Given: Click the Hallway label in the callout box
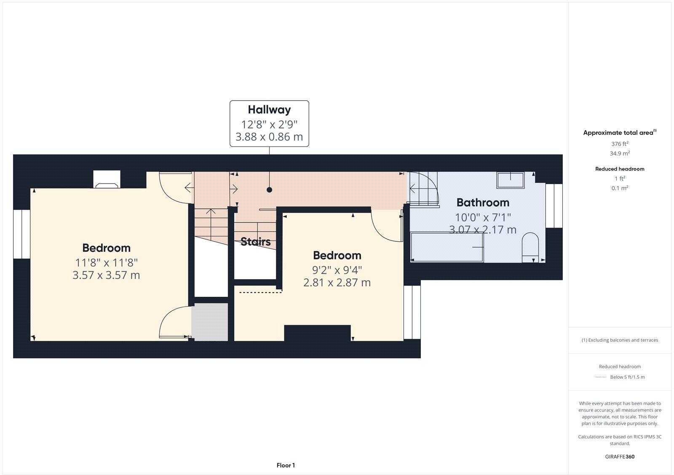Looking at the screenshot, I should tap(269, 110).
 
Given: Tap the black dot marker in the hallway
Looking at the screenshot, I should tap(269, 190).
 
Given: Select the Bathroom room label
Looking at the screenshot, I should tap(483, 203).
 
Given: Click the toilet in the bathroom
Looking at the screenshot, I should tap(530, 248).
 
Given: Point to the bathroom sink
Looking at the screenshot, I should tap(510, 180).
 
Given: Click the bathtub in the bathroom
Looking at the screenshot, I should tap(447, 247).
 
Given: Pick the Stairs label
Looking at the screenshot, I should tap(255, 242).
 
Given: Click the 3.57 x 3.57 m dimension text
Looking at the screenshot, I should tap(106, 275).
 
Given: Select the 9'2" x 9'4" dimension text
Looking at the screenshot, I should tap(337, 270).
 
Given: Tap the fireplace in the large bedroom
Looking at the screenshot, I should tap(107, 180).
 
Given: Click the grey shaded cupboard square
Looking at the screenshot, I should tap(210, 322).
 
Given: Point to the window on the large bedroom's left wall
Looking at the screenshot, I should tap(21, 234).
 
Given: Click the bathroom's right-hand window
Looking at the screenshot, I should tap(554, 206).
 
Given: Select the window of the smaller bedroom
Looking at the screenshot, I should tap(412, 312).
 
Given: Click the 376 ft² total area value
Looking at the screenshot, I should tap(620, 144).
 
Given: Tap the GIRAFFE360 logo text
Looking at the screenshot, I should tap(620, 456).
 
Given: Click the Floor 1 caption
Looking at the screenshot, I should tap(286, 465).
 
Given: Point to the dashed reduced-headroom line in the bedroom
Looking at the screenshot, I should tap(260, 292).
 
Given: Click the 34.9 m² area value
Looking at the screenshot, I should tap(620, 154).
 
